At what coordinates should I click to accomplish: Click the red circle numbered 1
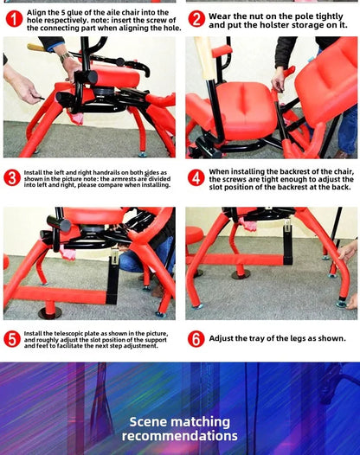14,18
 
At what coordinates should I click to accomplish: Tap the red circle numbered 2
196,18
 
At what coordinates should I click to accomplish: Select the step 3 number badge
12,177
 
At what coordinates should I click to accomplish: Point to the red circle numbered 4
196,177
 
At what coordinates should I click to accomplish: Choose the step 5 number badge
12,338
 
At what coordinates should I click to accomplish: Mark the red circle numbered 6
196,338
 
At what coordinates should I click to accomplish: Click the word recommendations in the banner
179,436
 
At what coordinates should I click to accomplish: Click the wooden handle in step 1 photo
36,47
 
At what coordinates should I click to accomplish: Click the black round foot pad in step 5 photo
49,312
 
